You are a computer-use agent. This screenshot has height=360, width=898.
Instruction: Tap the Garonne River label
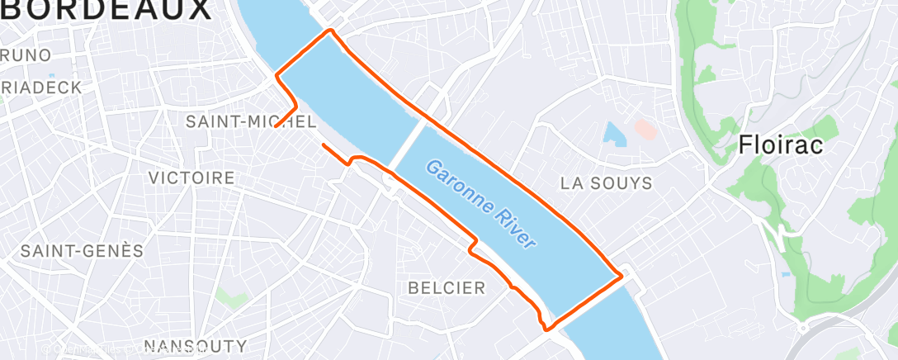(480, 204)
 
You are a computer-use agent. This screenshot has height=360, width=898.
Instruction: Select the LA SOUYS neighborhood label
(606, 183)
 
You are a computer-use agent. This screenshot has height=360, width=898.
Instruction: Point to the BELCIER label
(447, 287)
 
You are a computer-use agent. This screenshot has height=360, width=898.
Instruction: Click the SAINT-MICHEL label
(250, 121)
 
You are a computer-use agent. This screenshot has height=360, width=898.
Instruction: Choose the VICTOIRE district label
(191, 178)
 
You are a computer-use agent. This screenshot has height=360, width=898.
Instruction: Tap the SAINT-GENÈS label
(82, 251)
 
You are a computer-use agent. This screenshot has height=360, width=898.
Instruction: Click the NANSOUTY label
(195, 345)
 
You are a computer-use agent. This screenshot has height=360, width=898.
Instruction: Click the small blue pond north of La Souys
(613, 132)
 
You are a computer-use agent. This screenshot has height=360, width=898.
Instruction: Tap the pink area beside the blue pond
(644, 129)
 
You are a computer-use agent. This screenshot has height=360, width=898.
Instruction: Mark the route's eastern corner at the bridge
(620, 277)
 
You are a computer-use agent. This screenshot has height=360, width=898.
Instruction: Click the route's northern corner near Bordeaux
(331, 31)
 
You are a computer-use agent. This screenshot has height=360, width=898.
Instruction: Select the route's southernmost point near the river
(546, 329)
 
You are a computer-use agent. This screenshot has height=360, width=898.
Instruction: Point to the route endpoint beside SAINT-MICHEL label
(276, 126)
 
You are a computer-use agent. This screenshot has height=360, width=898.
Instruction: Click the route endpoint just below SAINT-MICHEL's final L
(323, 144)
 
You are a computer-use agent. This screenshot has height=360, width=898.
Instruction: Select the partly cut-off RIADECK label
(41, 88)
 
